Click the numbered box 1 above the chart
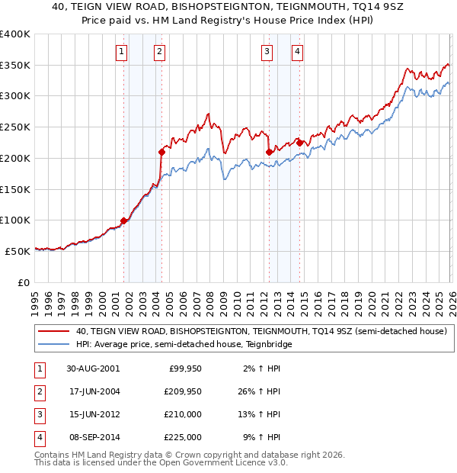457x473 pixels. [x=122, y=52]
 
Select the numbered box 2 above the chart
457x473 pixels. [x=159, y=52]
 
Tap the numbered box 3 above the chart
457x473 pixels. [x=267, y=52]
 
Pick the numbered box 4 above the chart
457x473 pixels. [x=297, y=52]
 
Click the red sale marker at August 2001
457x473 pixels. [x=123, y=221]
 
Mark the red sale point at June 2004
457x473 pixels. [x=161, y=153]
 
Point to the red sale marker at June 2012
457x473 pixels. [x=269, y=153]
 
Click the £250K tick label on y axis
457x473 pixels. [x=15, y=127]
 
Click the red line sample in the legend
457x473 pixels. [x=55, y=332]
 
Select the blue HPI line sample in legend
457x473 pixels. [x=55, y=345]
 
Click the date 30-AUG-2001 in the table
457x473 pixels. [x=93, y=368]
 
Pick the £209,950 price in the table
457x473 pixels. [x=183, y=391]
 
